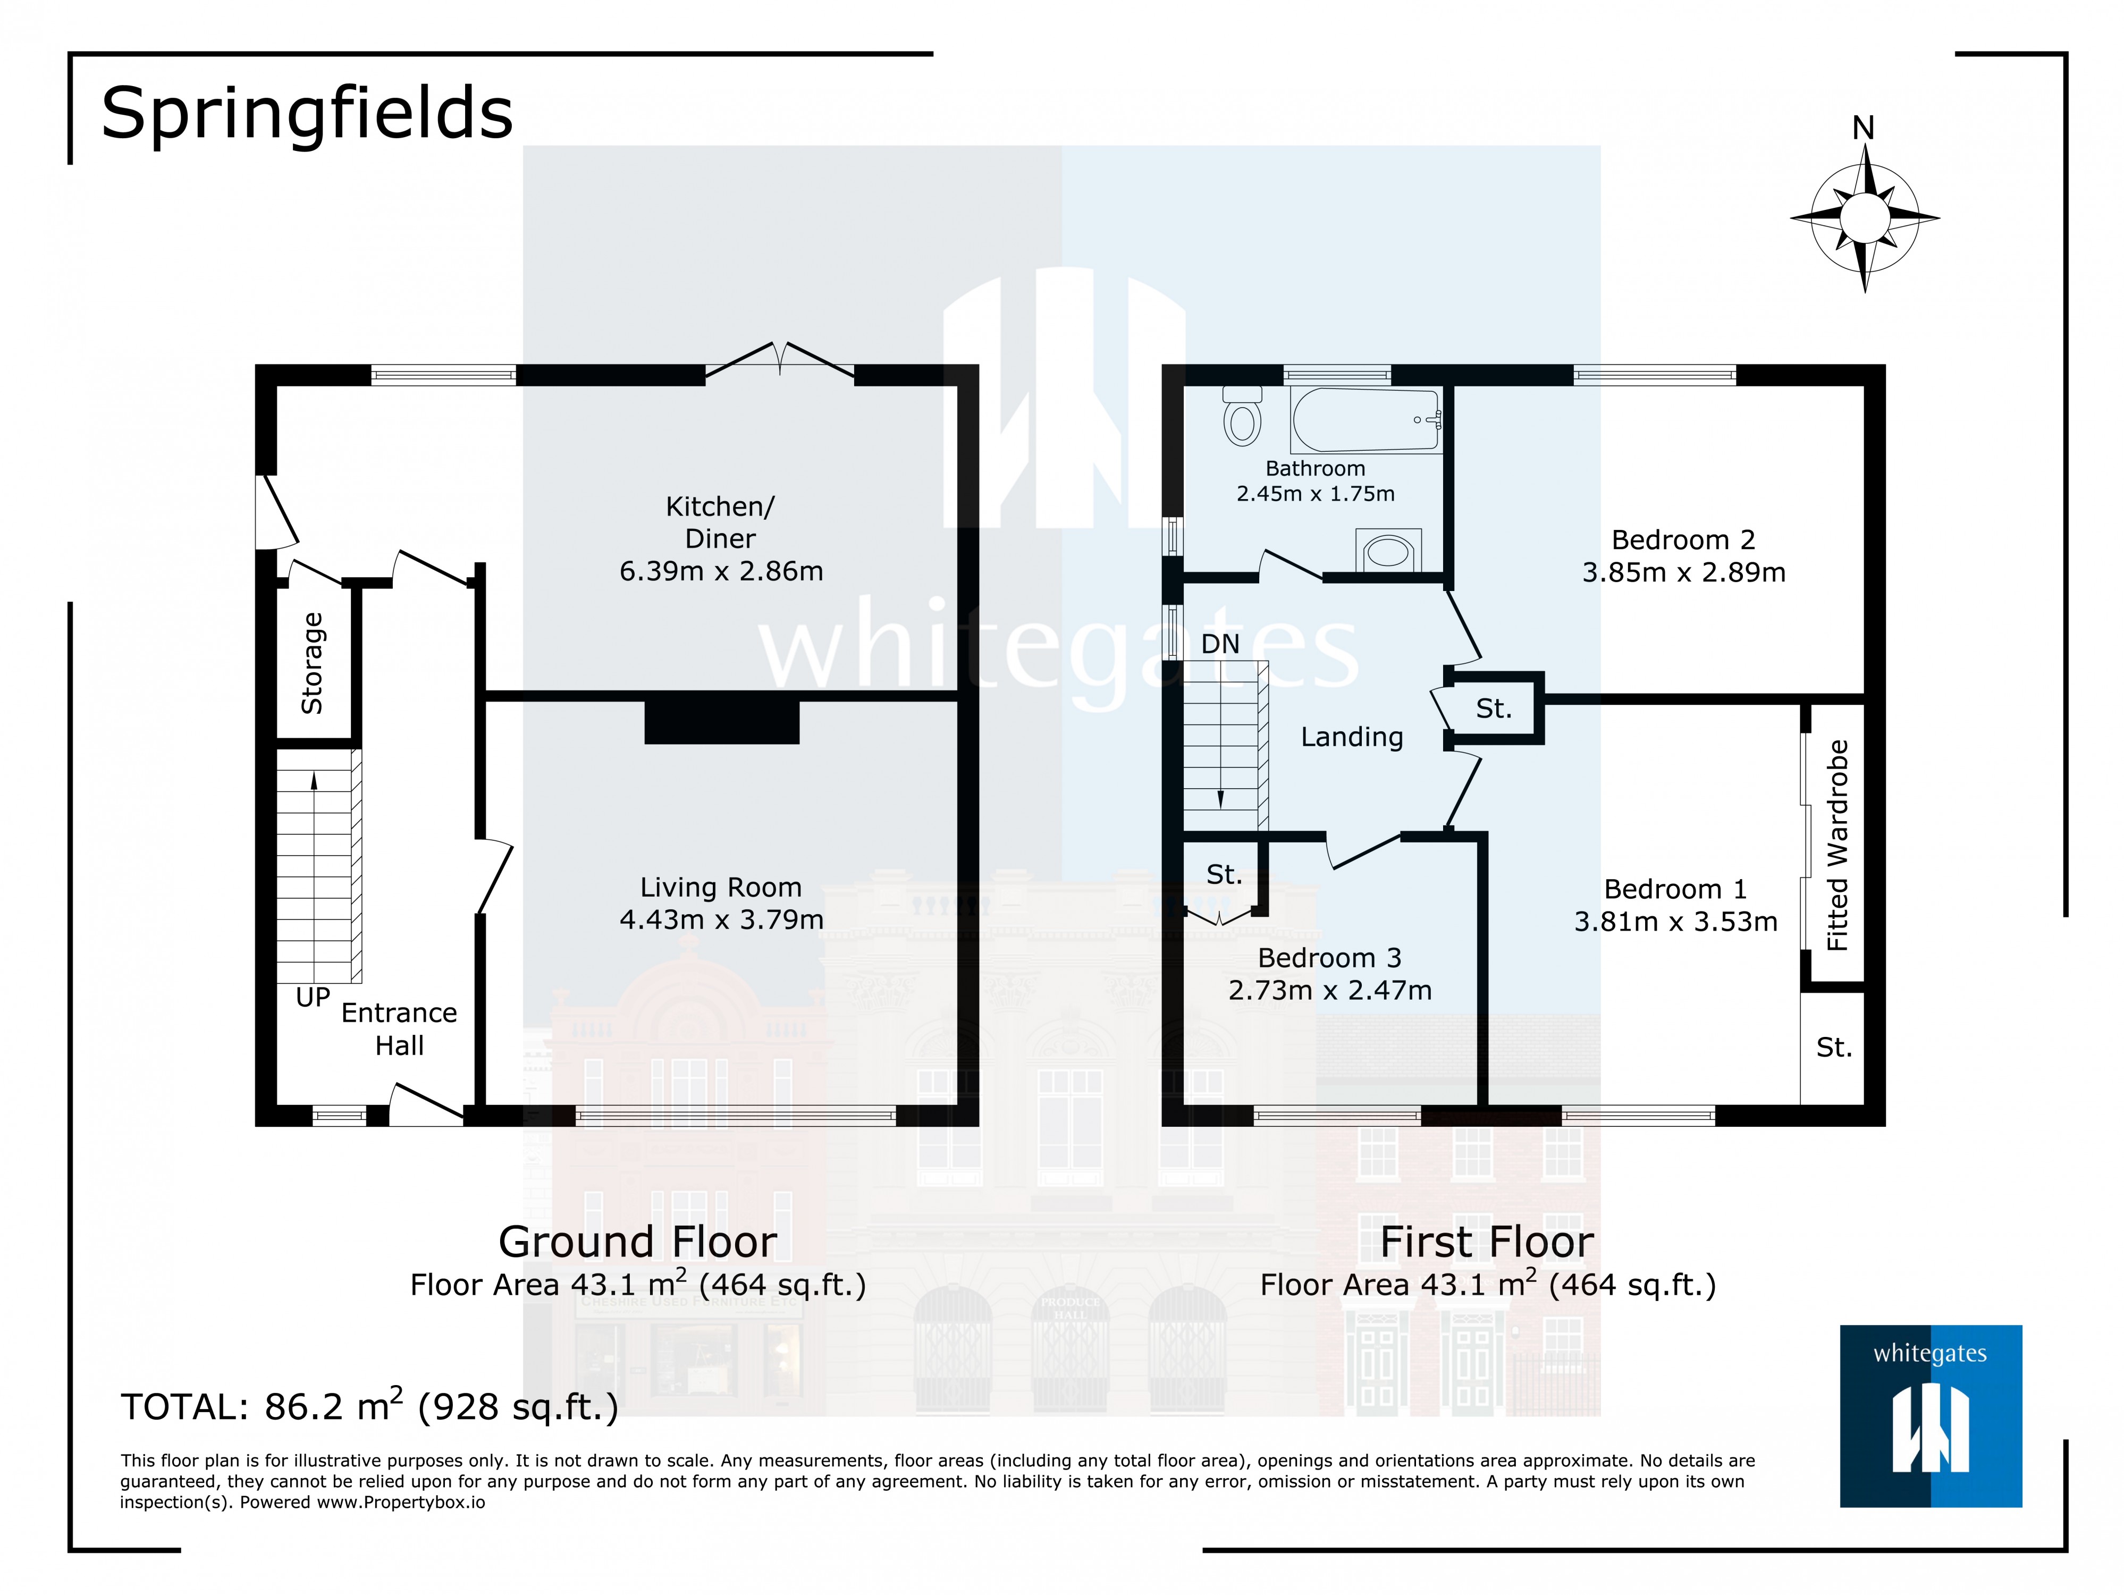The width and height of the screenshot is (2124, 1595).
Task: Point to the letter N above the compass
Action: (1863, 128)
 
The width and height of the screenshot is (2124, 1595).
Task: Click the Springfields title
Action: (307, 113)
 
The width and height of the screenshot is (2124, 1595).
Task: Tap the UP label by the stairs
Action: (313, 998)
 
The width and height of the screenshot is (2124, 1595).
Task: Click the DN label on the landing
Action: (1220, 644)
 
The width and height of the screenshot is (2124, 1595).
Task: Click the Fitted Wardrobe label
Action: (1837, 845)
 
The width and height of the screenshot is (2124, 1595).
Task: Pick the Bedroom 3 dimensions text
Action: (1330, 990)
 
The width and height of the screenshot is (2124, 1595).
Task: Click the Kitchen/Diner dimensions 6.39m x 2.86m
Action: (721, 571)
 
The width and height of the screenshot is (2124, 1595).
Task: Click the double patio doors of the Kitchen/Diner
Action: (780, 361)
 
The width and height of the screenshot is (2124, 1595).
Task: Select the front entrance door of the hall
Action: (425, 1106)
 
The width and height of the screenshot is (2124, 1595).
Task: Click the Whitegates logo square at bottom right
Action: (1930, 1416)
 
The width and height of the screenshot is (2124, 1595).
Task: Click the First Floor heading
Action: (1486, 1242)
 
